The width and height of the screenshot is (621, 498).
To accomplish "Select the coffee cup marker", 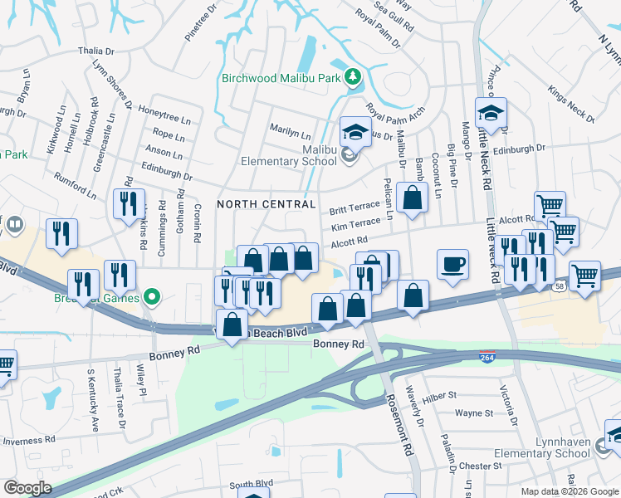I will (x=452, y=265).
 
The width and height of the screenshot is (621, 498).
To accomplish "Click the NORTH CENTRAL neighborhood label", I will (x=266, y=204).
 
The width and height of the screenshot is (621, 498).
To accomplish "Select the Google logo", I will (x=27, y=487).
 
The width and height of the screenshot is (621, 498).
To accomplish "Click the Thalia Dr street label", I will (x=95, y=51).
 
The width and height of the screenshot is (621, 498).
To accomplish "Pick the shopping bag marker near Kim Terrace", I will (x=412, y=198).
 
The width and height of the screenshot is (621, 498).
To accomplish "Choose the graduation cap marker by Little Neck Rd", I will (x=491, y=114).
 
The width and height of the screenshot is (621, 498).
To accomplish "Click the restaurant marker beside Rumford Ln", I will (x=128, y=206).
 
